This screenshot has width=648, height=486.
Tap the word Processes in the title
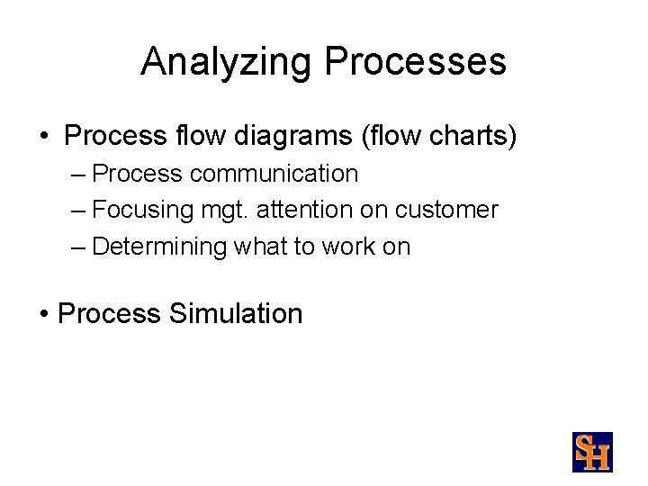tap(416, 62)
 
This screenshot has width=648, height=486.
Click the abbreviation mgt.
tap(225, 211)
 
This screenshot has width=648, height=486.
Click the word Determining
tap(159, 247)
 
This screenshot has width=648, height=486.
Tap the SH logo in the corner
tap(592, 452)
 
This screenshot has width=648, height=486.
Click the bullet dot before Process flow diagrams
tap(44, 138)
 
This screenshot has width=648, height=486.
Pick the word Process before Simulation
tap(109, 314)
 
